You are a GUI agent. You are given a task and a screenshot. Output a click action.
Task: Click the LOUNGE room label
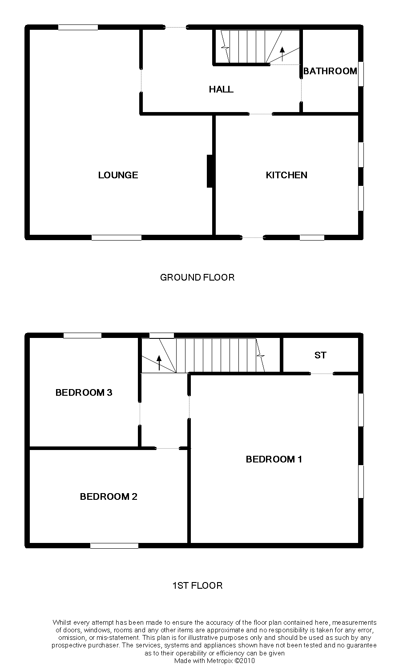[118, 175]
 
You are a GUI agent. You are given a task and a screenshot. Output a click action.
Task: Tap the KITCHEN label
[286, 175]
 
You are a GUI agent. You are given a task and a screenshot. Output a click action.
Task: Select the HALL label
[221, 89]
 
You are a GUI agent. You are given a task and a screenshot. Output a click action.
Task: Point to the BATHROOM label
[330, 71]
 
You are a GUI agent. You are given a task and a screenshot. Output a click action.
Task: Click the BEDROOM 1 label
[274, 459]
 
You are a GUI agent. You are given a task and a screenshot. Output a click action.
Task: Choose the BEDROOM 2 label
[109, 497]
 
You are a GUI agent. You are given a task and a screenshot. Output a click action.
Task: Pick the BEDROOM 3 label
[84, 393]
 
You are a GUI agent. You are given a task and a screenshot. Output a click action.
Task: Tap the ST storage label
[320, 355]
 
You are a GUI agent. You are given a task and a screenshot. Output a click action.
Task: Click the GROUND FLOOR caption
[197, 277]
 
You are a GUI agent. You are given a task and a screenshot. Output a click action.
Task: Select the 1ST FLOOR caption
[197, 586]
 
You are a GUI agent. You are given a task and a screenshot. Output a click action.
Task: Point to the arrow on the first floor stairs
[159, 363]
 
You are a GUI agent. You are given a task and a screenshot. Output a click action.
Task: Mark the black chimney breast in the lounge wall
[210, 171]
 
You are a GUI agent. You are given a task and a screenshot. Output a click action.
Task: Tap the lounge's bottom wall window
[117, 238]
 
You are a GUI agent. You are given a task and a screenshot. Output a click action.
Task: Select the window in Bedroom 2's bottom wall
[114, 546]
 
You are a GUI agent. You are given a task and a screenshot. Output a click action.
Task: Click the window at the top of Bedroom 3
[82, 335]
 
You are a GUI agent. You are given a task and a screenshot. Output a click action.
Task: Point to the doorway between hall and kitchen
[260, 114]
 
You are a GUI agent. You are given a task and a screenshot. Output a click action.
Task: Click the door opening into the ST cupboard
[322, 374]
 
